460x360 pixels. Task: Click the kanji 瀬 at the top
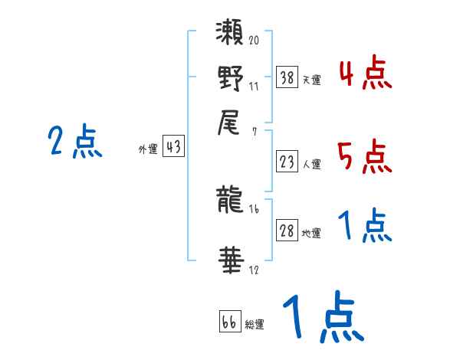[x=231, y=34]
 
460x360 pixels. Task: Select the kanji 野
[x=231, y=80]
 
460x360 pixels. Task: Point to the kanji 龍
[x=231, y=201]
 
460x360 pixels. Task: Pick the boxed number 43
[x=174, y=147]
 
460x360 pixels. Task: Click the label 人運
[x=311, y=164]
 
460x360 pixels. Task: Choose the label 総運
[x=255, y=324]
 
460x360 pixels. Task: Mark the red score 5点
[x=364, y=157]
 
